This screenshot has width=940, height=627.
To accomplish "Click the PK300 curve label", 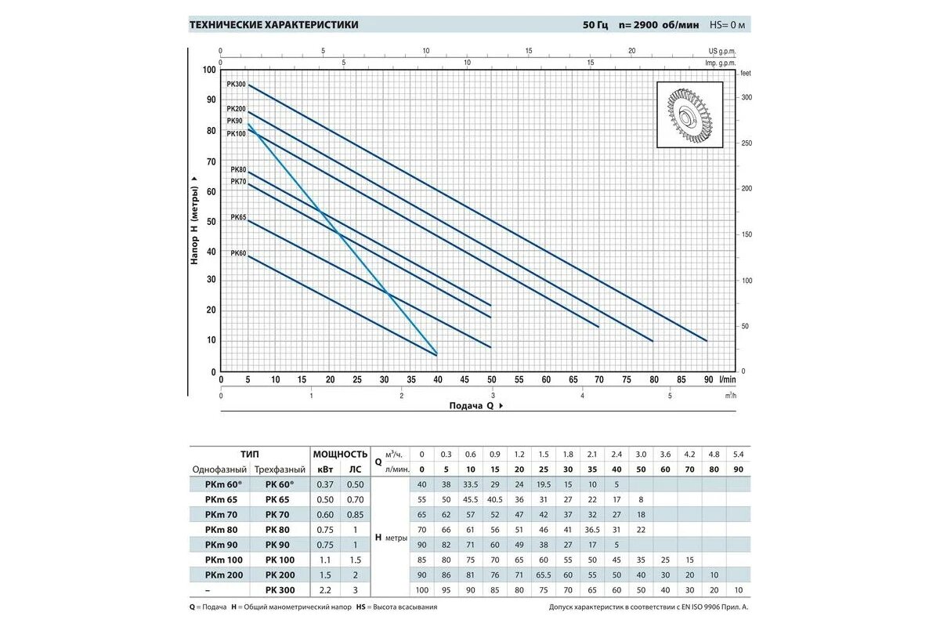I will pos(236,84).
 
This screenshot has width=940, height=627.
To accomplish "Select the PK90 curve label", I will pos(235,121).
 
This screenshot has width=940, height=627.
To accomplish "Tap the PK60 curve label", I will pos(238,253).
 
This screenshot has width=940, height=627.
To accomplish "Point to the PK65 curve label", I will pos(238,217).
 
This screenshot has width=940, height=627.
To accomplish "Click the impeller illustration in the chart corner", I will pos(693,115).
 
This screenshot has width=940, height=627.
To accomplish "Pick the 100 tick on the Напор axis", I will pos(208,71).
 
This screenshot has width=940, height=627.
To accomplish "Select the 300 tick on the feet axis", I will pos(747,97).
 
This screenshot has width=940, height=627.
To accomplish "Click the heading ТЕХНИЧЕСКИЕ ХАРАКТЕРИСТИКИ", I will pos(274,25).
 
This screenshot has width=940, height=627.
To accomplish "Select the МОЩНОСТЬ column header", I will pos(340,454).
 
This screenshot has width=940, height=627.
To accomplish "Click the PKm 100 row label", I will pos(223,560).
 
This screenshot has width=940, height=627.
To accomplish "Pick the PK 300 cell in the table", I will pos(280,589).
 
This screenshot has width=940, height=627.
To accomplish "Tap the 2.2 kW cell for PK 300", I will pos(325,589).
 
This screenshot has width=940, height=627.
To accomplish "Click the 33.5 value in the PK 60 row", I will pos(470,484).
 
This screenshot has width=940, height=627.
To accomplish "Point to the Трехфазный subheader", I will pos(280,469).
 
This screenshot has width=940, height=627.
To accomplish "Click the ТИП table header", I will pos(251,454).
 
